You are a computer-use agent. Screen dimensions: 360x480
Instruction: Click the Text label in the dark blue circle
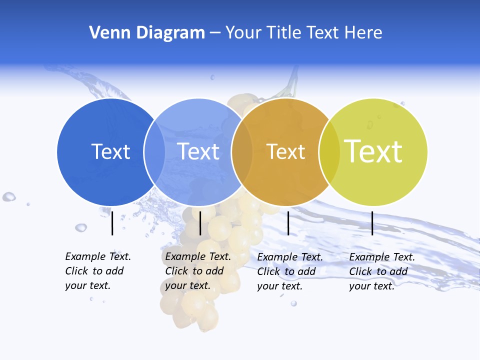110,151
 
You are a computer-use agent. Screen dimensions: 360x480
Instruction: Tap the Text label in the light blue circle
198,151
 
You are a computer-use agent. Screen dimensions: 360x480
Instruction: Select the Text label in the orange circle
285,151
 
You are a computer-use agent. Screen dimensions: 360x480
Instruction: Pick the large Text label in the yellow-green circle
373,151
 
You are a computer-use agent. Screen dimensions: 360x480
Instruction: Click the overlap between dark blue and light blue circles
154,151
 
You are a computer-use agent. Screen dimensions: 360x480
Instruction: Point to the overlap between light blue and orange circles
242,151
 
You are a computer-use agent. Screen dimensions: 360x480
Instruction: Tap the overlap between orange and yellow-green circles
329,151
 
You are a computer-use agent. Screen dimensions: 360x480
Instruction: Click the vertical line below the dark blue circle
112,223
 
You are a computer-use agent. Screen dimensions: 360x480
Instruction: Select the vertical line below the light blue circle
200,223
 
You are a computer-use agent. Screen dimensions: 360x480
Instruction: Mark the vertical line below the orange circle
288,223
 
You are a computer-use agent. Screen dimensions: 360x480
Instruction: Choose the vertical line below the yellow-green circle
372,223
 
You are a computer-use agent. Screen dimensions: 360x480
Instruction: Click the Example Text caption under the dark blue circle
97,271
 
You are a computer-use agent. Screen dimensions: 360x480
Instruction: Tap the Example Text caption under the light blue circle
197,271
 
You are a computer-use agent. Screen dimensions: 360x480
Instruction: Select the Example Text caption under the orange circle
289,271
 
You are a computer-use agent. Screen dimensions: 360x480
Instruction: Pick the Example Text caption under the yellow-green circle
381,271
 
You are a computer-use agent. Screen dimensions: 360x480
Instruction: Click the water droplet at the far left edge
8,197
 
